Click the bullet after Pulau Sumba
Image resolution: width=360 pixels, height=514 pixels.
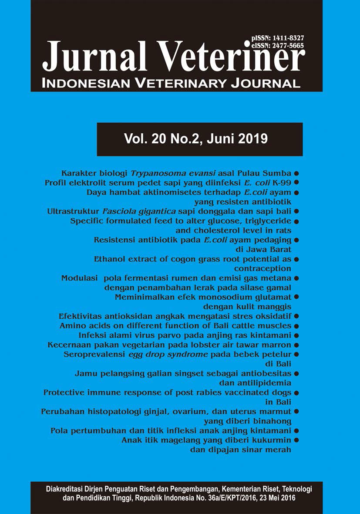click(x=296, y=173)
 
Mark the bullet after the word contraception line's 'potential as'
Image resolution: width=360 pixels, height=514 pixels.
click(x=296, y=259)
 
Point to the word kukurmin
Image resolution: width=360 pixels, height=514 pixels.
click(x=270, y=440)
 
